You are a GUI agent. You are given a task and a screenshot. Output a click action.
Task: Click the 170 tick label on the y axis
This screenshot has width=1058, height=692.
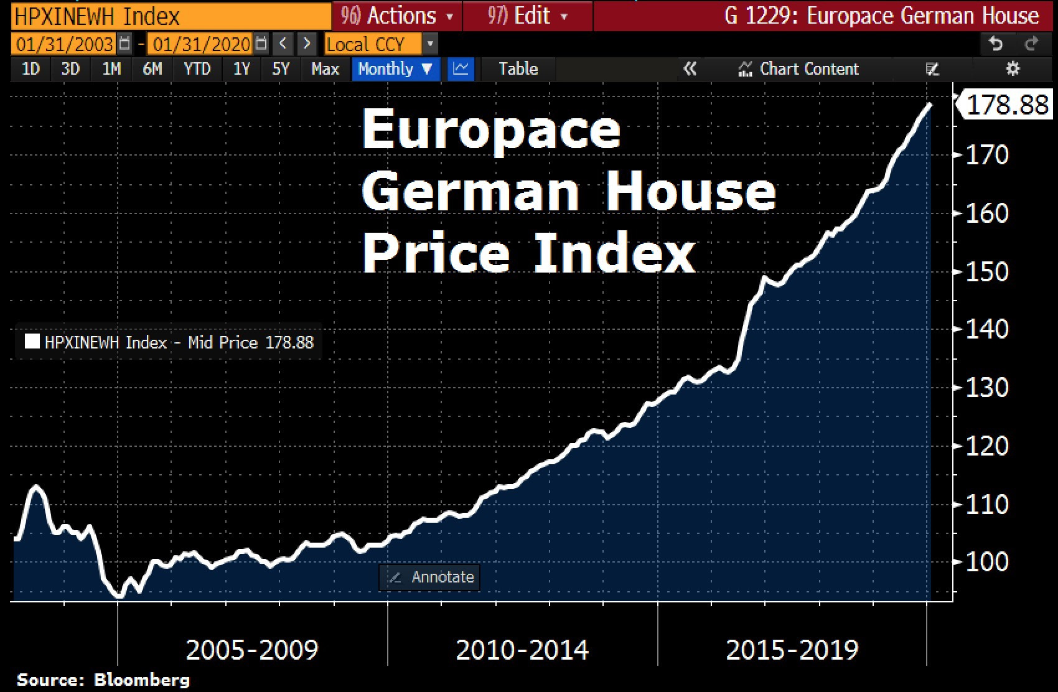987,155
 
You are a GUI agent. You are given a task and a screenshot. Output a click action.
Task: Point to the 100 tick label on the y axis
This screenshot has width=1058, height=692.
987,562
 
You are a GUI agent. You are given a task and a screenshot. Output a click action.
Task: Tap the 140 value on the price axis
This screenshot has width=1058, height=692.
987,329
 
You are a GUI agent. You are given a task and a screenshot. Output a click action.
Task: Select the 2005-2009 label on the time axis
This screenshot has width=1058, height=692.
252,650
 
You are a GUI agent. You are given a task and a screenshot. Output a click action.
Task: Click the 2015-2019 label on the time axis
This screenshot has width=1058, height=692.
792,650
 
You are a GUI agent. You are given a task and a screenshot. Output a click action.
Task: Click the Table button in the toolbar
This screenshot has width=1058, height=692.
518,69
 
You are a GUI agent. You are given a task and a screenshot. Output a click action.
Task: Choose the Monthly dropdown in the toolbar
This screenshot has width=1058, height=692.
395,69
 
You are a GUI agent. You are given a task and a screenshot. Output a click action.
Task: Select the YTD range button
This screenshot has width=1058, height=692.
197,69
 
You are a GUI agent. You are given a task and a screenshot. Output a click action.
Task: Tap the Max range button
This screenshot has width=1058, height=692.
325,69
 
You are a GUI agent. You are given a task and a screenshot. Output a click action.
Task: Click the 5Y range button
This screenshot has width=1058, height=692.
281,69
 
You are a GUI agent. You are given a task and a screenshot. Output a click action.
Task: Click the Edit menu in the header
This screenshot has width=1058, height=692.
528,16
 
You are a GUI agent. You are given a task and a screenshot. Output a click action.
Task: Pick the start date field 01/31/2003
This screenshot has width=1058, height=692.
65,44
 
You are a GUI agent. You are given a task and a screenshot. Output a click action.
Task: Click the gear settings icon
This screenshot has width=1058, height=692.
1013,69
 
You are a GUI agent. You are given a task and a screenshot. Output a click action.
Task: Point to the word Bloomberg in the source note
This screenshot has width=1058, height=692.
141,680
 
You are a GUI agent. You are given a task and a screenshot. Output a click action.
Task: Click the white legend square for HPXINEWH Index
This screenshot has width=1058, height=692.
32,342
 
